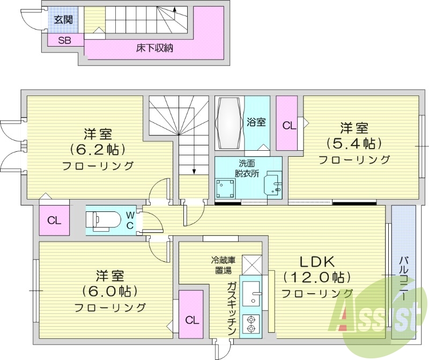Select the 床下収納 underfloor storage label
click(154, 48)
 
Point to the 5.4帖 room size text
click(354, 144)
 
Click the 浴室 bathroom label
click(256, 122)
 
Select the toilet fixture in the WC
click(105, 219)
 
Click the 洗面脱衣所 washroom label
click(247, 168)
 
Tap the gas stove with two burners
click(250, 323)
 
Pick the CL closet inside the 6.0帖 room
click(191, 320)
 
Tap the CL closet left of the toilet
click(54, 220)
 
